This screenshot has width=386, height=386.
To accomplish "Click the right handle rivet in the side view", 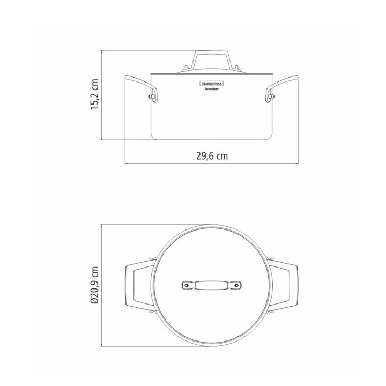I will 273,96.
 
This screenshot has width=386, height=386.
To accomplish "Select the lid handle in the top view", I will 211,285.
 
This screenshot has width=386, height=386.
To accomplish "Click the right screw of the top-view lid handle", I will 235,285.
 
